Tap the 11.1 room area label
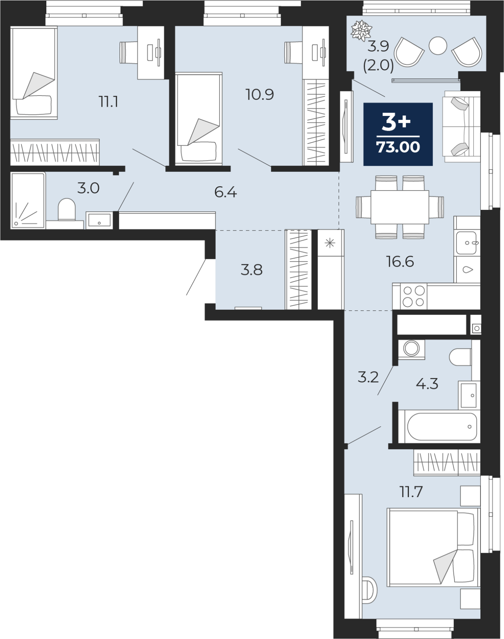[108, 102]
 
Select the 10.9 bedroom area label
[260, 95]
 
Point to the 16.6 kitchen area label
[400, 262]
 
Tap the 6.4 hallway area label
[226, 192]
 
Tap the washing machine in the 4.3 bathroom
[411, 348]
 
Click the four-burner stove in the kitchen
[413, 296]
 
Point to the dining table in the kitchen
[400, 207]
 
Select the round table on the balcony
[438, 46]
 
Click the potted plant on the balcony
[361, 30]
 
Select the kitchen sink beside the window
[466, 243]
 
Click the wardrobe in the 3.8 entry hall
[298, 269]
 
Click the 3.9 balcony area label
[378, 46]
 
